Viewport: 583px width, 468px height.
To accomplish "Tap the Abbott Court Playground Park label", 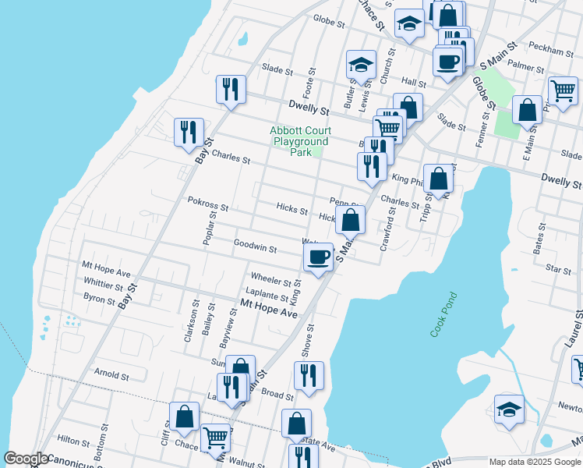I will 301,141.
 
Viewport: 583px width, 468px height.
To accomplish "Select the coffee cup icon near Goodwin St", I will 318,258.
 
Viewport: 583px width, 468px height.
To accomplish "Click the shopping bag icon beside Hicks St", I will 351,221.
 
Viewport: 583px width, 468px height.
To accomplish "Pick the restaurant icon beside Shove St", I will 309,376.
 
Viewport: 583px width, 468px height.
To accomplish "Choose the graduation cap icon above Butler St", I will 361,66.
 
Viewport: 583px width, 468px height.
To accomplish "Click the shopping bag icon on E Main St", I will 528,112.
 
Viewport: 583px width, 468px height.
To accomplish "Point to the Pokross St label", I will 208,207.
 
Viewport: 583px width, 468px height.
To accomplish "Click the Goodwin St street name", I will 256,247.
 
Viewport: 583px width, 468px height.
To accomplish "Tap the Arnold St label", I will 111,375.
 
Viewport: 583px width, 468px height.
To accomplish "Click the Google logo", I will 26,459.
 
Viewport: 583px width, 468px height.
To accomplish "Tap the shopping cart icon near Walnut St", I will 215,438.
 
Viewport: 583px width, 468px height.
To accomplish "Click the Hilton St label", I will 74,440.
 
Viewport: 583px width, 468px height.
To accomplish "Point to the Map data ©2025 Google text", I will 535,462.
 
